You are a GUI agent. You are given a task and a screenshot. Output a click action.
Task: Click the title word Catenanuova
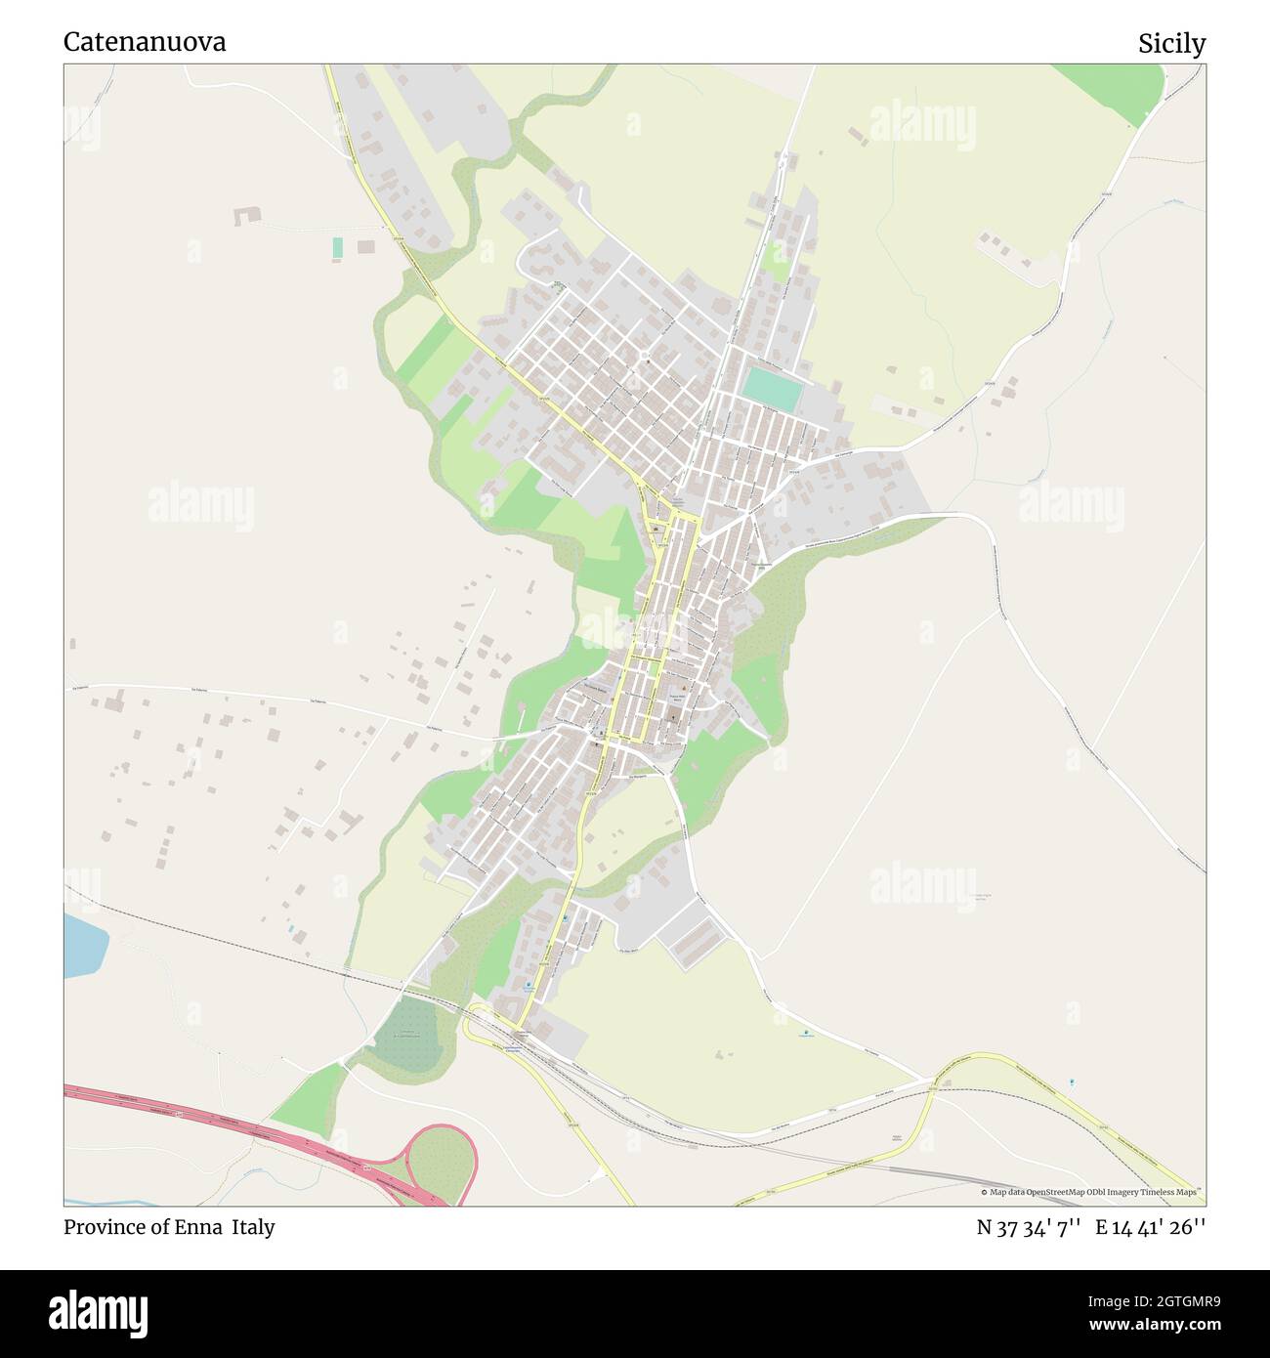tap(145, 42)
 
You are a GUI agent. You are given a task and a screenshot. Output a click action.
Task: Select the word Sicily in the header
tap(1171, 44)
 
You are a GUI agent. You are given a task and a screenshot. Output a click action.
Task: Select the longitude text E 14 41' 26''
tap(1151, 1227)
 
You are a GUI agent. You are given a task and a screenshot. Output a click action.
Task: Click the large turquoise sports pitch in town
tap(772, 388)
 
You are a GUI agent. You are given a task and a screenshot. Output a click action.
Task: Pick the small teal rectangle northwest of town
tap(338, 248)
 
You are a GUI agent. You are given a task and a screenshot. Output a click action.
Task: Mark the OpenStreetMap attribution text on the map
tap(1092, 1192)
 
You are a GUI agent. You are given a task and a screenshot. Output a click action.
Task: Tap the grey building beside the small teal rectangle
tap(366, 247)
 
